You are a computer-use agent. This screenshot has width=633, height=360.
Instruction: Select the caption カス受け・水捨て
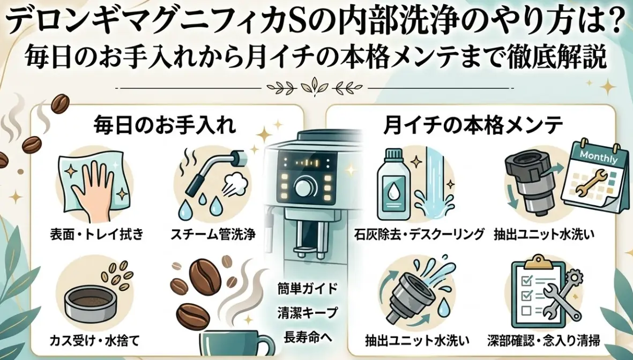click(94, 341)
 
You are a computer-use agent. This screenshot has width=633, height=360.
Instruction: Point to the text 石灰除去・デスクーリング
click(419, 234)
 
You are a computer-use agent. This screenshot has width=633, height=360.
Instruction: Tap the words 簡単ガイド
click(308, 289)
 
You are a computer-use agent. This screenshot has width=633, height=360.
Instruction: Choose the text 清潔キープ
click(308, 313)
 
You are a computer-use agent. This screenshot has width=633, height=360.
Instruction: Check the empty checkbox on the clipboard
click(526, 311)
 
